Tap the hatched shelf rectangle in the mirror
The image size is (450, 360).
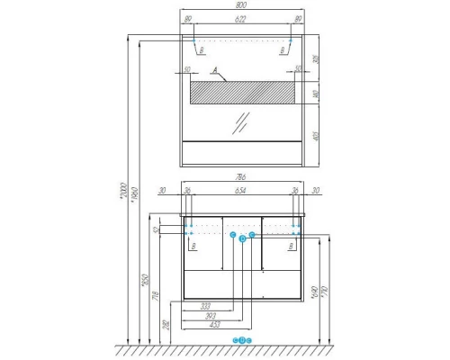point(244,93)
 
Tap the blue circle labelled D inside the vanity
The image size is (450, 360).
point(243,239)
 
